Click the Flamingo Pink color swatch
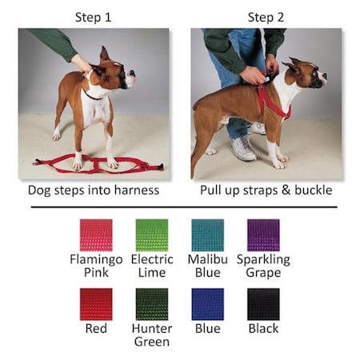[95, 235]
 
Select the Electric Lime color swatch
[151, 235]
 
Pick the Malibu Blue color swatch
[207, 235]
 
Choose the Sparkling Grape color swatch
[263, 235]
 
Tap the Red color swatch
[95, 304]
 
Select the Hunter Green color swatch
[151, 304]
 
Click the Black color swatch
[263, 304]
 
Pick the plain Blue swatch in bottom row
[207, 304]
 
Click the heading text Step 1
[94, 16]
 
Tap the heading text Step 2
[266, 16]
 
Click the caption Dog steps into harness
[94, 191]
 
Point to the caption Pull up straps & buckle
[266, 191]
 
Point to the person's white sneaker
[244, 148]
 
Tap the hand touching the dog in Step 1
[82, 62]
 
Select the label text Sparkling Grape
[263, 266]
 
